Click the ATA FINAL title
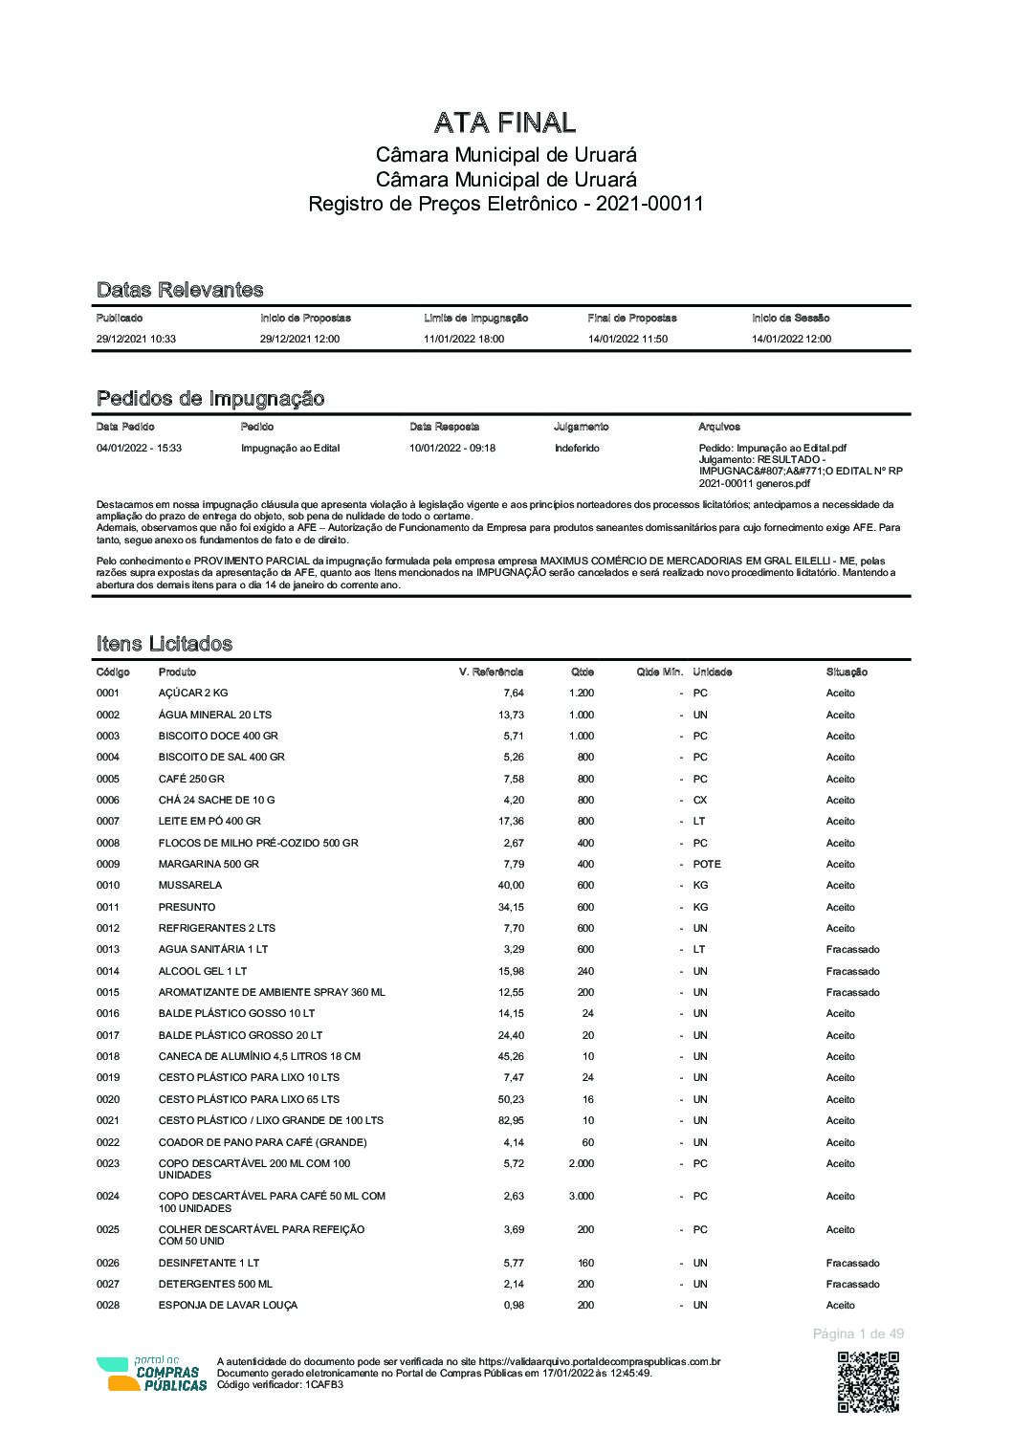pos(505,122)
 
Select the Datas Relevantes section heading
pos(180,290)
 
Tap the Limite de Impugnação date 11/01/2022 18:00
pos(464,339)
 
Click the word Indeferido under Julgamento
pos(577,448)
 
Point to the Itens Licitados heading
pos(165,644)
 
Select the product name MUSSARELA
pos(190,885)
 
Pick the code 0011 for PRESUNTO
pos(108,907)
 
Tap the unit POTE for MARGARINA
pos(707,864)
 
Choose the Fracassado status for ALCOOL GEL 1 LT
pos(852,971)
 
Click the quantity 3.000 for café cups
pos(581,1196)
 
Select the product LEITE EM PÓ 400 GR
pos(209,821)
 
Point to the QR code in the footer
pos(869,1382)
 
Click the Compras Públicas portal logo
pos(151,1375)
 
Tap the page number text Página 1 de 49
pos(858,1333)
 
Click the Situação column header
pos(847,672)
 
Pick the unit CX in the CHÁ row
pos(700,800)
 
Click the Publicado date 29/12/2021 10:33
pos(136,339)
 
